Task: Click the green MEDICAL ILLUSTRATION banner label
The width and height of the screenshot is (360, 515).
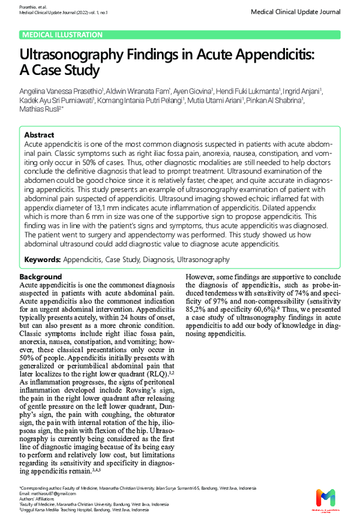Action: (62, 35)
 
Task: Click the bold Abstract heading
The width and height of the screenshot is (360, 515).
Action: (39, 135)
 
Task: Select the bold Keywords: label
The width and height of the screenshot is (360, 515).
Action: (42, 260)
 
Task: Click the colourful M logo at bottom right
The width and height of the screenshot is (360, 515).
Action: (326, 498)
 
